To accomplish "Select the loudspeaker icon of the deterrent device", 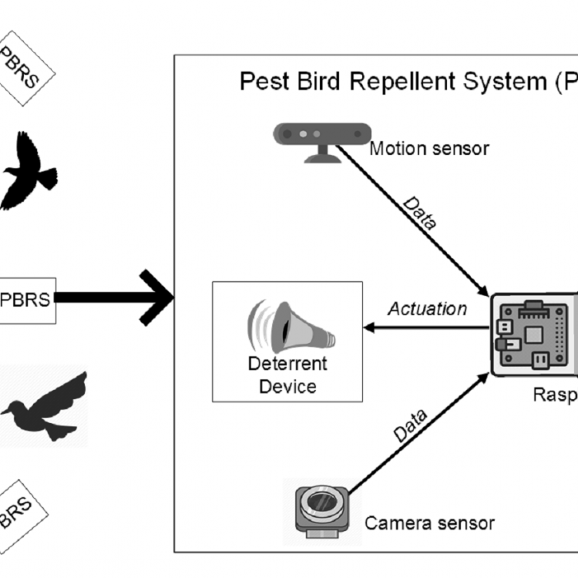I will (x=289, y=328).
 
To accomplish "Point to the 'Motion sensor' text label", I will (x=428, y=148).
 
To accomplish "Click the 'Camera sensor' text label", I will (x=429, y=524).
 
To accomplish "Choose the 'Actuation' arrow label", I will (x=427, y=309).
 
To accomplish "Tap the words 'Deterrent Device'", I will (x=287, y=374).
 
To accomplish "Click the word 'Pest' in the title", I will (x=264, y=82).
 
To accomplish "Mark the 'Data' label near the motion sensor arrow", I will (x=420, y=213).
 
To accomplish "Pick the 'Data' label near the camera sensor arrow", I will (x=411, y=425).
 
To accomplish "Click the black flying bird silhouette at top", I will (x=29, y=171).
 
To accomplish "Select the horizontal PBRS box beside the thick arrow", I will (x=26, y=299).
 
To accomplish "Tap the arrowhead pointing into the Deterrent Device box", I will (x=369, y=328).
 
